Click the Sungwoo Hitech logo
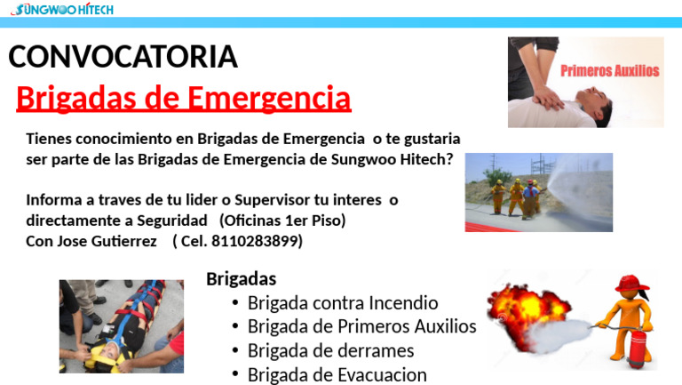(62, 10)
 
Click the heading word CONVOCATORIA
(123, 57)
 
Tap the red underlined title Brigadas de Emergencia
(184, 97)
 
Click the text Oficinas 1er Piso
(282, 220)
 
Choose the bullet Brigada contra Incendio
(343, 302)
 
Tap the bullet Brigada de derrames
(330, 350)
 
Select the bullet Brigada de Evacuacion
(337, 374)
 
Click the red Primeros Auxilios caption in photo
(609, 71)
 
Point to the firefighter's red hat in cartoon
(628, 283)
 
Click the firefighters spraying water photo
(538, 192)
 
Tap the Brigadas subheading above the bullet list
(241, 278)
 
